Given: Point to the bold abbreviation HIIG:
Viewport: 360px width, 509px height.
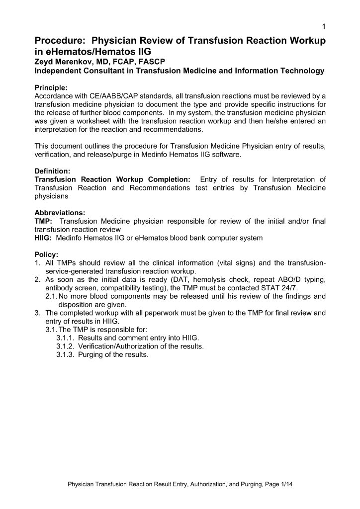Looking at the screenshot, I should pyautogui.click(x=44, y=238).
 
